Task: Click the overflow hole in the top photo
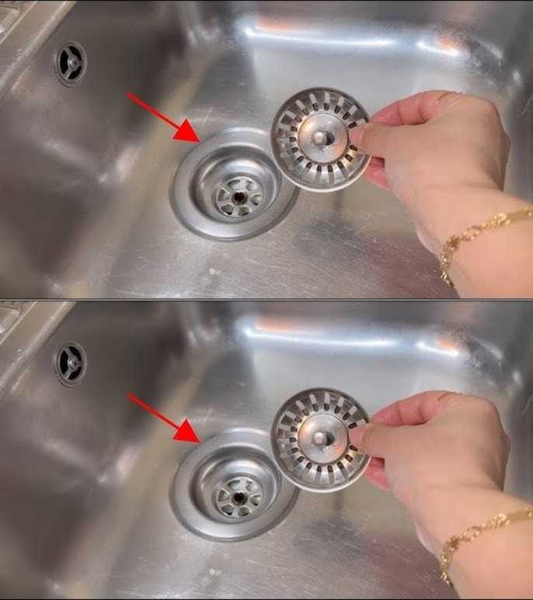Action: click(70, 62)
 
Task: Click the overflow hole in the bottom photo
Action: click(70, 363)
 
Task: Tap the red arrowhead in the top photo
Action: click(187, 132)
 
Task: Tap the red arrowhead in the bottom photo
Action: click(187, 431)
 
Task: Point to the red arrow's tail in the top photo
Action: click(129, 95)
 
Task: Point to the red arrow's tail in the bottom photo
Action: click(129, 395)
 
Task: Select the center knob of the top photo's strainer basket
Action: click(319, 136)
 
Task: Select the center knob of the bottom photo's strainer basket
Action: click(319, 437)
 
